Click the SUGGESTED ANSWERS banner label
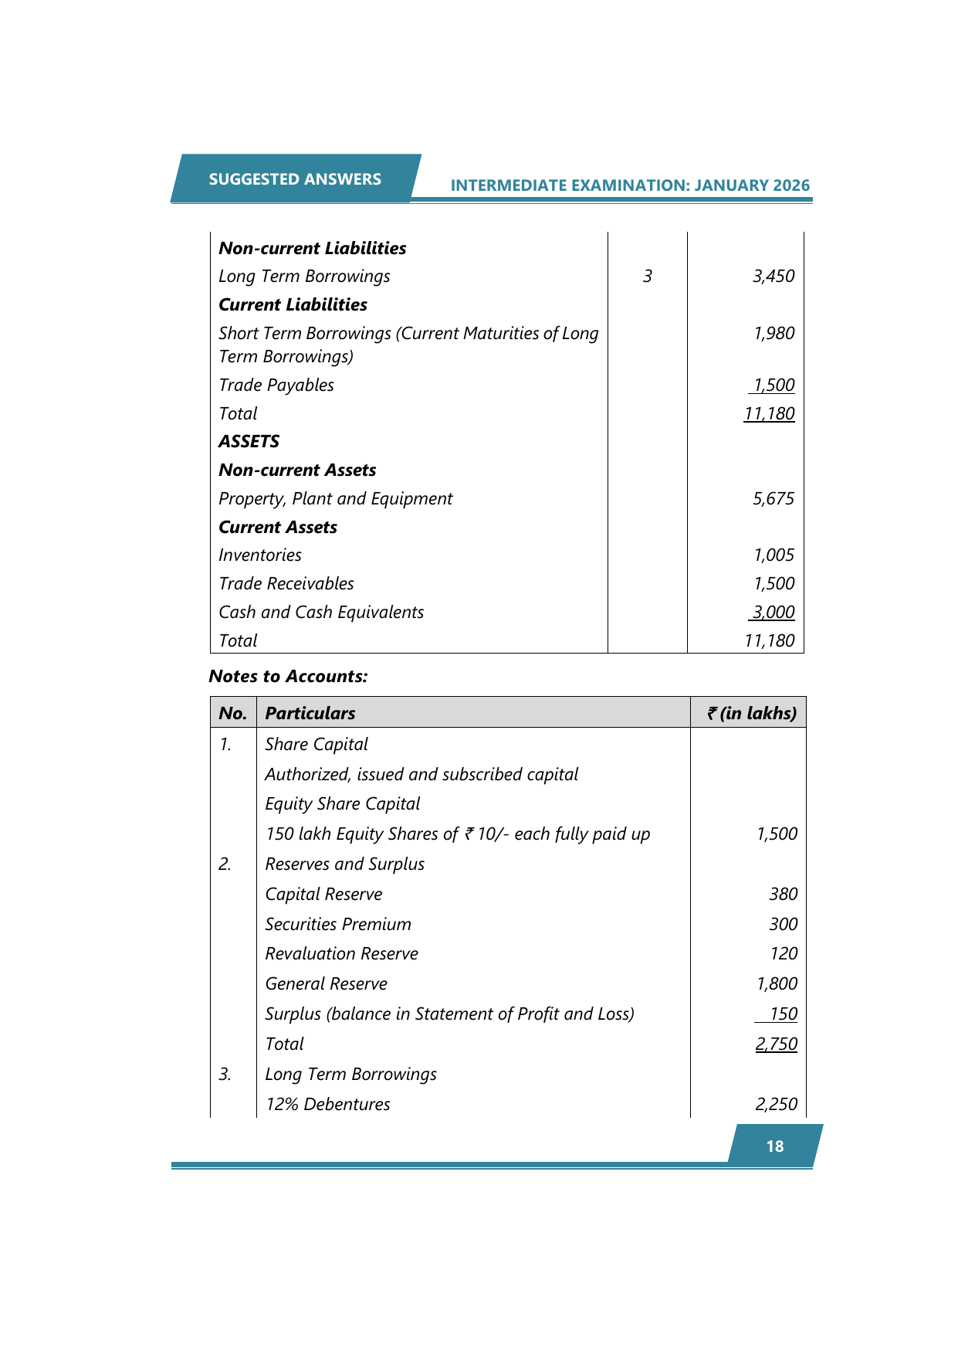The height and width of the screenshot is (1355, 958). (295, 179)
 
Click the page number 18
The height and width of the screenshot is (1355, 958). (775, 1146)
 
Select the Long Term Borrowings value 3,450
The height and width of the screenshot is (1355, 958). (774, 277)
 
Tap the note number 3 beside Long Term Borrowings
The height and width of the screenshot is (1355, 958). (647, 277)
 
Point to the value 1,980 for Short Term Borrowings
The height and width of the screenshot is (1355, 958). (774, 334)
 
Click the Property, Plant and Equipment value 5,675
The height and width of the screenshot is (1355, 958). (774, 499)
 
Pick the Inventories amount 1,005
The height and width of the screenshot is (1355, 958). (774, 555)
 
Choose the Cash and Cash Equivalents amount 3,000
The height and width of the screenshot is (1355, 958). (774, 613)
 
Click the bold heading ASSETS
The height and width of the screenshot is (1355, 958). (249, 442)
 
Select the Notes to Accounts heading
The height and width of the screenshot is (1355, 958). (288, 677)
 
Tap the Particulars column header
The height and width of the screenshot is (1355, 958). (310, 714)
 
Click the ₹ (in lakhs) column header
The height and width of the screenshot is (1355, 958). (751, 714)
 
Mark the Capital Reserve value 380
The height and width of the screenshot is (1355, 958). (783, 895)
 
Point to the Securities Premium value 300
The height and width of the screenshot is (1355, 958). (783, 925)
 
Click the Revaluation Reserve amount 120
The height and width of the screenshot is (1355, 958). (783, 954)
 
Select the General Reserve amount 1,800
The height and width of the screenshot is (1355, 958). (777, 984)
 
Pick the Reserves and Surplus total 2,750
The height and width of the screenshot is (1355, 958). (777, 1044)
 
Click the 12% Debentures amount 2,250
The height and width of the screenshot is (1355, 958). (777, 1105)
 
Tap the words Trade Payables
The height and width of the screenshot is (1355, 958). (276, 385)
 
